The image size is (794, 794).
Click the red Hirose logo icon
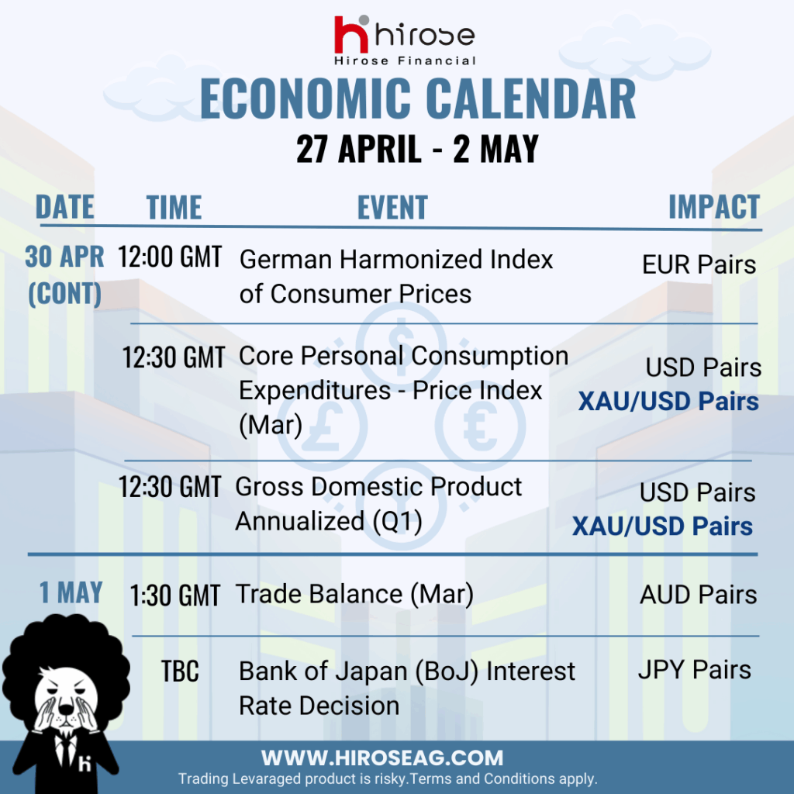(x=351, y=34)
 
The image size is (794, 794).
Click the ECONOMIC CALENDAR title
(x=418, y=98)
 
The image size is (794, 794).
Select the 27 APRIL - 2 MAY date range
(x=418, y=149)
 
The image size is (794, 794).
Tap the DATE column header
(x=65, y=206)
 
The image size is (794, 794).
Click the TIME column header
(x=174, y=207)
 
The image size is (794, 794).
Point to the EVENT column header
(x=392, y=208)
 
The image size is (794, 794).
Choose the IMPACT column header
(x=714, y=206)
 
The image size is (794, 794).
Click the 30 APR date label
(x=64, y=257)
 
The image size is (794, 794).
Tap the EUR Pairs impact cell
(x=699, y=265)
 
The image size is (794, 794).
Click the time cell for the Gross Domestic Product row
(x=170, y=487)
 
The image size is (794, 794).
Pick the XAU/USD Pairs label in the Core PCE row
(x=668, y=402)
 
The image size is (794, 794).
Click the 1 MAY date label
(x=71, y=592)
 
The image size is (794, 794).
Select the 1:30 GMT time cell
(x=175, y=595)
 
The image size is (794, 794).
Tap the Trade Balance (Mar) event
(x=354, y=595)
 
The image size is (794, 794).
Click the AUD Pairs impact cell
(x=699, y=595)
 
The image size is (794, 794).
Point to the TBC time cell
(x=180, y=671)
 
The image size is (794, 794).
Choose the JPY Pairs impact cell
(x=694, y=670)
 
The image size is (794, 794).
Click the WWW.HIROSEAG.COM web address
(x=382, y=758)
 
